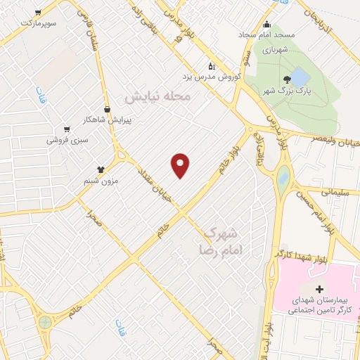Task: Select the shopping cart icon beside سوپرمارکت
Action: (37, 12)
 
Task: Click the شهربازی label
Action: (276, 49)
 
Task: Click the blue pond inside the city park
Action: (300, 76)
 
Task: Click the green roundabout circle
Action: (46, 322)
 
